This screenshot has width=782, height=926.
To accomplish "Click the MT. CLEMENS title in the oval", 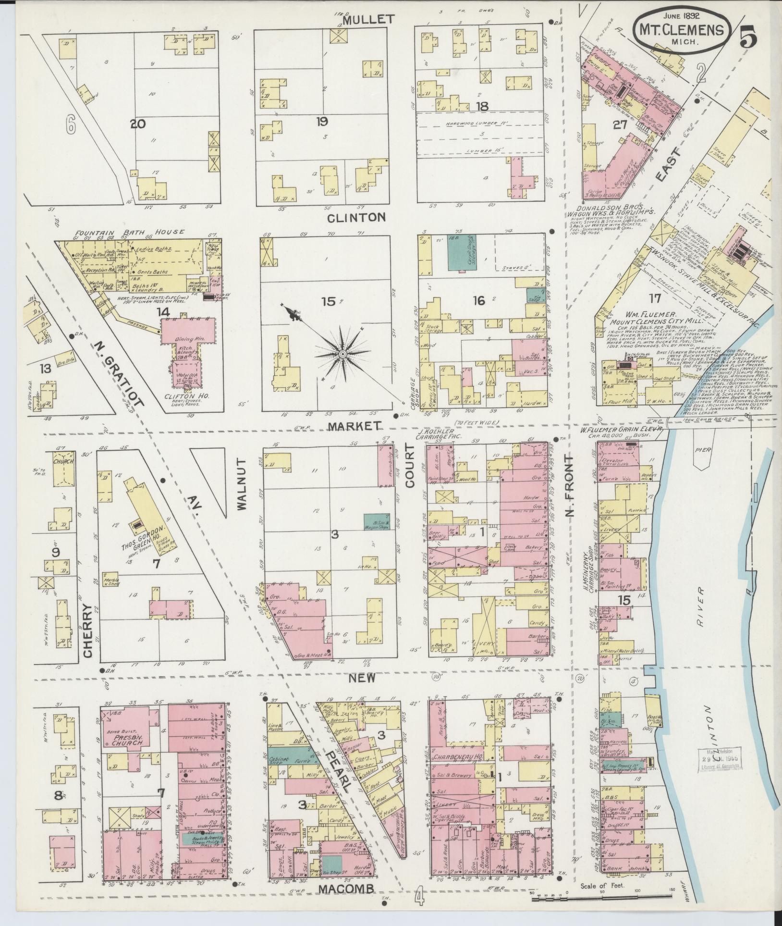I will click(681, 30).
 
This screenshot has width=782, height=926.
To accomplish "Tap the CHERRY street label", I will click(87, 630).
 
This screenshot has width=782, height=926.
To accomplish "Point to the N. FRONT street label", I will click(570, 486).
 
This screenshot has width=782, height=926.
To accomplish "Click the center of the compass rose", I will click(342, 354).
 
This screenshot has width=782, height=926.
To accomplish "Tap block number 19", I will click(322, 122).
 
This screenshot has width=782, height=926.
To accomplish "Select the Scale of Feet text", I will click(602, 885).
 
